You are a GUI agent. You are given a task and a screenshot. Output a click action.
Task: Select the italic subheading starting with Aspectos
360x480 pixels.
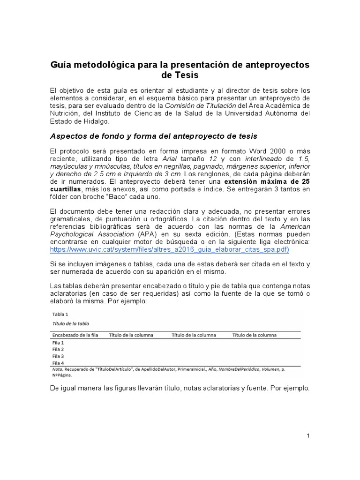pyautogui.click(x=154, y=136)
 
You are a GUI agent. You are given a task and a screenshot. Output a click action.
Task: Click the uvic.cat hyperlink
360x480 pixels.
pyautogui.click(x=169, y=249)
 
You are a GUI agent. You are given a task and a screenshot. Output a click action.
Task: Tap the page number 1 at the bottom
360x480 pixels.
pyautogui.click(x=308, y=436)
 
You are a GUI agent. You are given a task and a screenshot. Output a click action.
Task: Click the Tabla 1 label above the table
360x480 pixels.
pyautogui.click(x=60, y=314)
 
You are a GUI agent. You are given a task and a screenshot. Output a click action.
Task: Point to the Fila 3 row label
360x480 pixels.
pyautogui.click(x=58, y=356)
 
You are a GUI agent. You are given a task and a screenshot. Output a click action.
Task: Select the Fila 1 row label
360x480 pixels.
pyautogui.click(x=58, y=343)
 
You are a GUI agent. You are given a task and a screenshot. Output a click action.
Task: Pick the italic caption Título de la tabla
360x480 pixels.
pyautogui.click(x=71, y=324)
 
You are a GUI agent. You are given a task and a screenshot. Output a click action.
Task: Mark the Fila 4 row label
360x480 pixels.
pyautogui.click(x=58, y=363)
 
